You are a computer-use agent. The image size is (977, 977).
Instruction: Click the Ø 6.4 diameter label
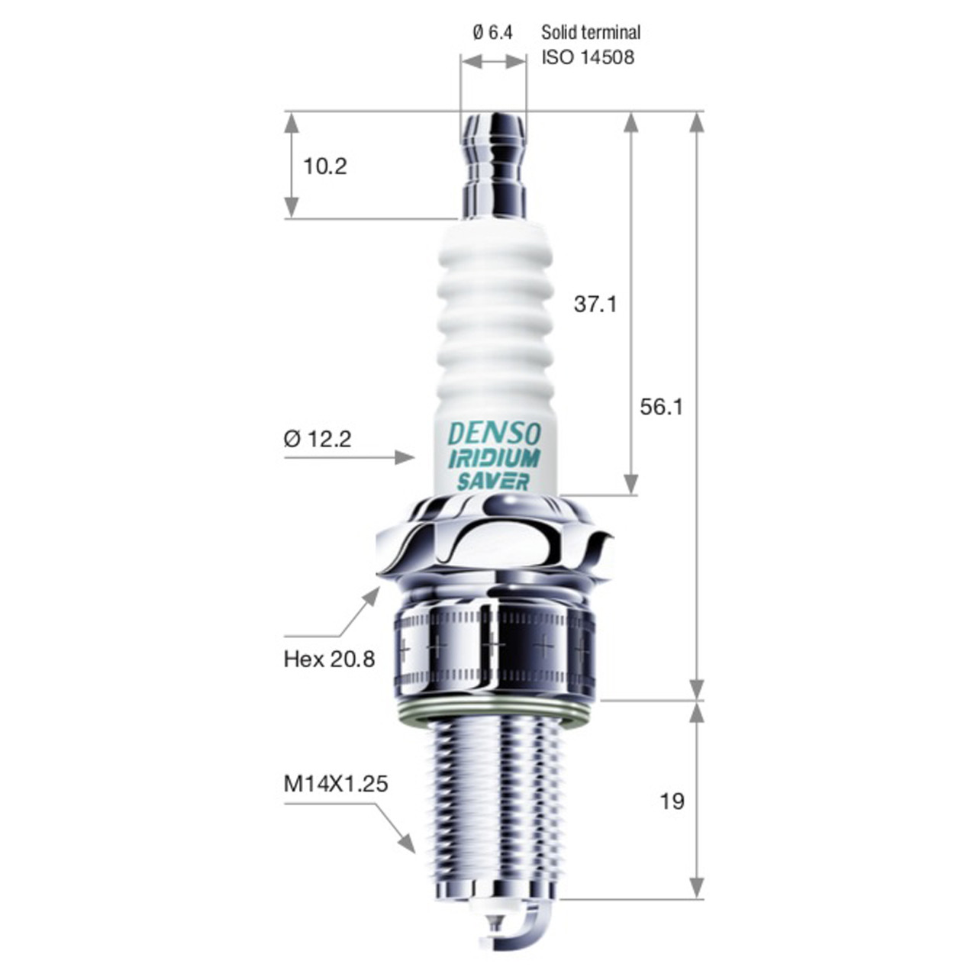[492, 33]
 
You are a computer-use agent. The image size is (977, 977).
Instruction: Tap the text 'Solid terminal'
[591, 33]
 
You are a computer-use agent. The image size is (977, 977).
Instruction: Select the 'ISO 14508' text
[588, 57]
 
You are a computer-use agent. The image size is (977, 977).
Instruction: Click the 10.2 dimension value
[325, 166]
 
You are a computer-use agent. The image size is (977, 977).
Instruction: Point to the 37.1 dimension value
[595, 305]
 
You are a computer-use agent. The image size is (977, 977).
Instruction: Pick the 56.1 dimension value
[661, 407]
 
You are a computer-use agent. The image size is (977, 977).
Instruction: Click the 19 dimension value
[672, 801]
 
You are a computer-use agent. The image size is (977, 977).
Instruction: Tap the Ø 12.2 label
[318, 439]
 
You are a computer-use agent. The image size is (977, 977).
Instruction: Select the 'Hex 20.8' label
[329, 659]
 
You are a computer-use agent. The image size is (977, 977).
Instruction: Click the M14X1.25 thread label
[336, 784]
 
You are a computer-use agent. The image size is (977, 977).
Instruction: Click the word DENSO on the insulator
[494, 434]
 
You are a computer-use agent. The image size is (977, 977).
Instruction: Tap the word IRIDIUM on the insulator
[494, 458]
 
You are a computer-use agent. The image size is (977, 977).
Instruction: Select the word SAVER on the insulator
[493, 482]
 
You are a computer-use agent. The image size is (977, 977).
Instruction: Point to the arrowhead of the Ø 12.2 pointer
[406, 457]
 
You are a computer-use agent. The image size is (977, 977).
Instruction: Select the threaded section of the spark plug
[494, 809]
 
